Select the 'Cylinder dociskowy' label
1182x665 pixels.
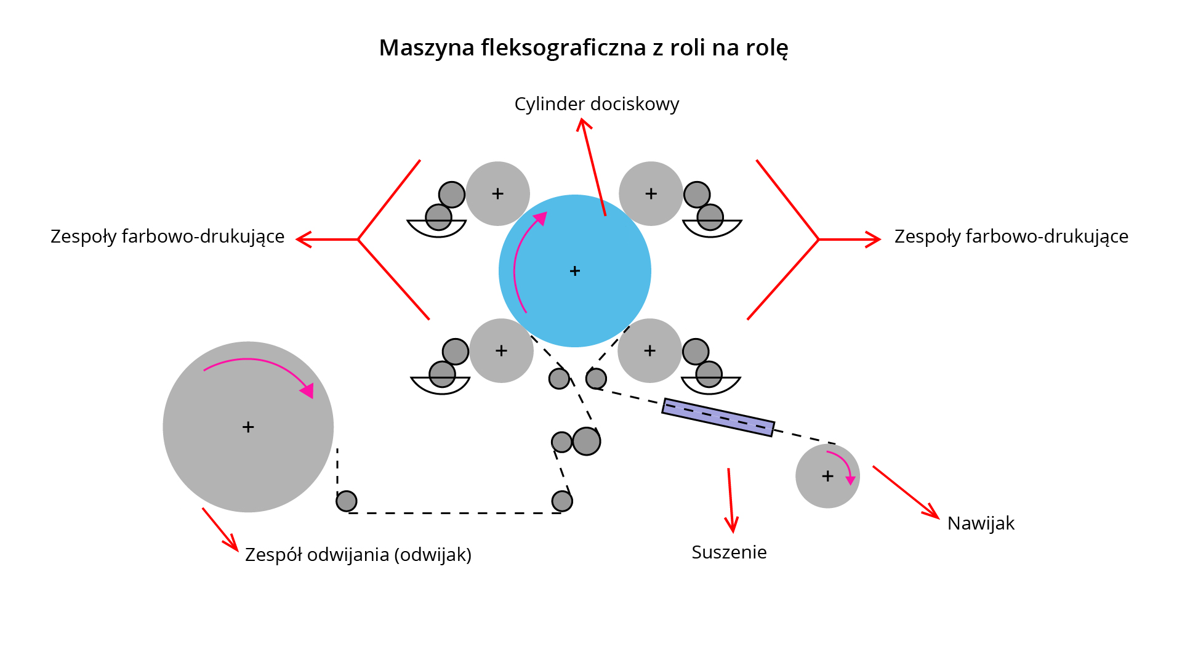click(x=597, y=104)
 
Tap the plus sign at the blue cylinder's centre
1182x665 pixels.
click(x=575, y=271)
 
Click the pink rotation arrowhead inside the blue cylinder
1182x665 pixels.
click(x=541, y=218)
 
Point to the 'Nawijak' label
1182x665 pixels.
click(x=981, y=523)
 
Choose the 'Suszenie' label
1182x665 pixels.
click(x=729, y=552)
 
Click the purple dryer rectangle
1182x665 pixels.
click(x=718, y=417)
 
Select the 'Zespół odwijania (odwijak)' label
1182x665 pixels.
click(x=358, y=555)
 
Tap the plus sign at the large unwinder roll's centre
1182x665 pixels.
click(x=248, y=427)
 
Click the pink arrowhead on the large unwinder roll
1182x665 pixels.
click(x=307, y=390)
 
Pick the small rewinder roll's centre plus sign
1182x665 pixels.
click(x=827, y=476)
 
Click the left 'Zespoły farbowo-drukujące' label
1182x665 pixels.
click(x=167, y=236)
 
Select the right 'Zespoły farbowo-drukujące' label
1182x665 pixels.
click(x=1011, y=236)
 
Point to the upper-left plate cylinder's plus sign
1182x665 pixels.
click(x=497, y=194)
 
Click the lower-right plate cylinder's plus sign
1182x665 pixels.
click(x=649, y=351)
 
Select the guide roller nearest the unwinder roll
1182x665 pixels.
click(x=347, y=501)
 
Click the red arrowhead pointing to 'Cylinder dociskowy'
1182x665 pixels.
click(x=583, y=124)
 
